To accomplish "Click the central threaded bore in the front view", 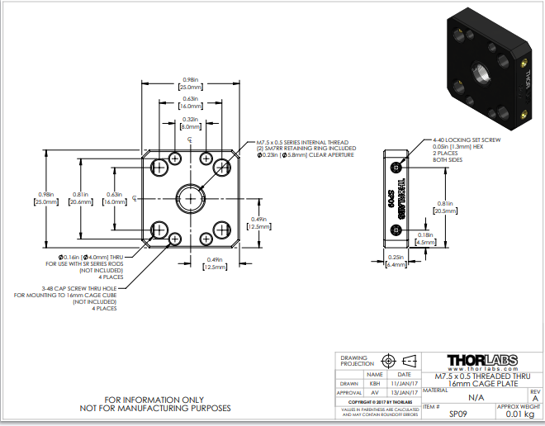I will [x=189, y=198].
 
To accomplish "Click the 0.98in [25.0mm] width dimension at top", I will [x=189, y=83].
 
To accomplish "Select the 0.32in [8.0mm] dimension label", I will [x=189, y=124].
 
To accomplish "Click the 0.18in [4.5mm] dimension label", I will [x=425, y=239].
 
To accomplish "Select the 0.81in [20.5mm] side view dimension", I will [x=443, y=207].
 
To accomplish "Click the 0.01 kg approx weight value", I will [x=519, y=414].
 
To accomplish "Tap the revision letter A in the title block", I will [x=534, y=397].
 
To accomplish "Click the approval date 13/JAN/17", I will [x=404, y=393].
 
